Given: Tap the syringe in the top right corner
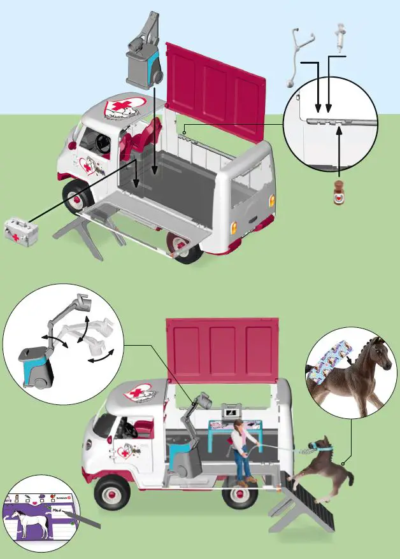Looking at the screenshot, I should coord(340,38).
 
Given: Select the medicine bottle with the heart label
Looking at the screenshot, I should coord(339,192).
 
